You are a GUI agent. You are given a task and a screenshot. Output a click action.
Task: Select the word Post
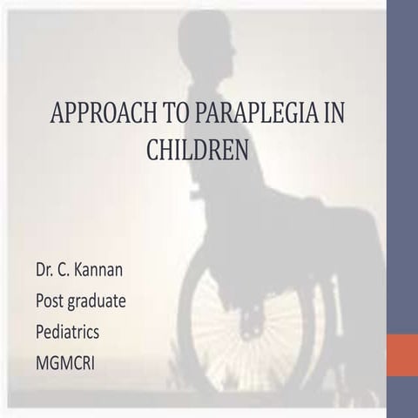[51, 300]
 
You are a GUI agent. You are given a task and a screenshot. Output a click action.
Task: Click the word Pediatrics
[74, 331]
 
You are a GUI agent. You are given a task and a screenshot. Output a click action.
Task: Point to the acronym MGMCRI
[70, 361]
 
